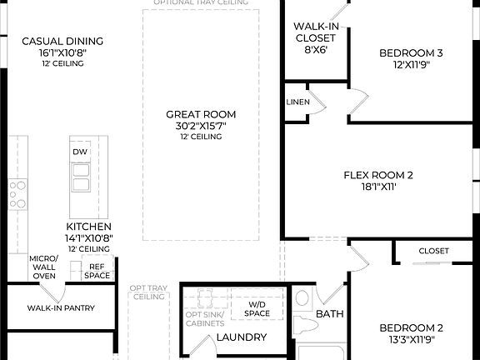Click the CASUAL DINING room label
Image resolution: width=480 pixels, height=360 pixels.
(62, 41)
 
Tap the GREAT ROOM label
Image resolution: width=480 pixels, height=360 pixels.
(200, 114)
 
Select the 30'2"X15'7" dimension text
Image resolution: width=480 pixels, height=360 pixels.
(200, 126)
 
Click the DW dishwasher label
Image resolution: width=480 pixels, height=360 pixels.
(80, 152)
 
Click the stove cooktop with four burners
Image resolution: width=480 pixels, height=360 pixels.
(17, 193)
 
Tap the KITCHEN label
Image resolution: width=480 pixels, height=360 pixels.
(89, 226)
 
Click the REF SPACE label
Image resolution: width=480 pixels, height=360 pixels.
(97, 270)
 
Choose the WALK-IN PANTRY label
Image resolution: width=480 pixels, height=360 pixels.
(61, 308)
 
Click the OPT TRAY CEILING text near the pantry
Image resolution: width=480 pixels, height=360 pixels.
(149, 292)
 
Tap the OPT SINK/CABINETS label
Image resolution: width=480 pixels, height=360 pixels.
(204, 317)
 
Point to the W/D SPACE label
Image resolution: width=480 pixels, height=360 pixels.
(257, 309)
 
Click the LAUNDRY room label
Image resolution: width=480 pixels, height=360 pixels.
(241, 337)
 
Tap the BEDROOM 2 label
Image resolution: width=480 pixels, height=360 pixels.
(411, 327)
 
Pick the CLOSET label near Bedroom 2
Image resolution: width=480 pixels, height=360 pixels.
(433, 251)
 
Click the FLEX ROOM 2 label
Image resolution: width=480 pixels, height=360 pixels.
(378, 175)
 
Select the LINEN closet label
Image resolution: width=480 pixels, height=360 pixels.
(297, 102)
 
